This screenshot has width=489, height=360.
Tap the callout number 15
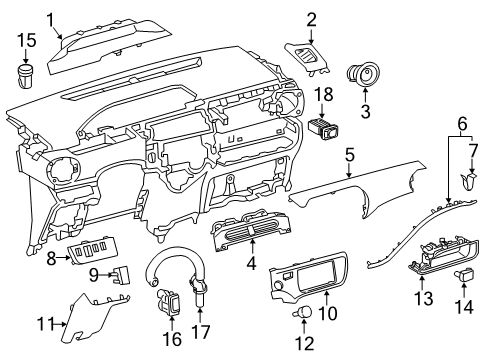point(26,40)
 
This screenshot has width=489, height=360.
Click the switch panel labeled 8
point(98,256)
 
